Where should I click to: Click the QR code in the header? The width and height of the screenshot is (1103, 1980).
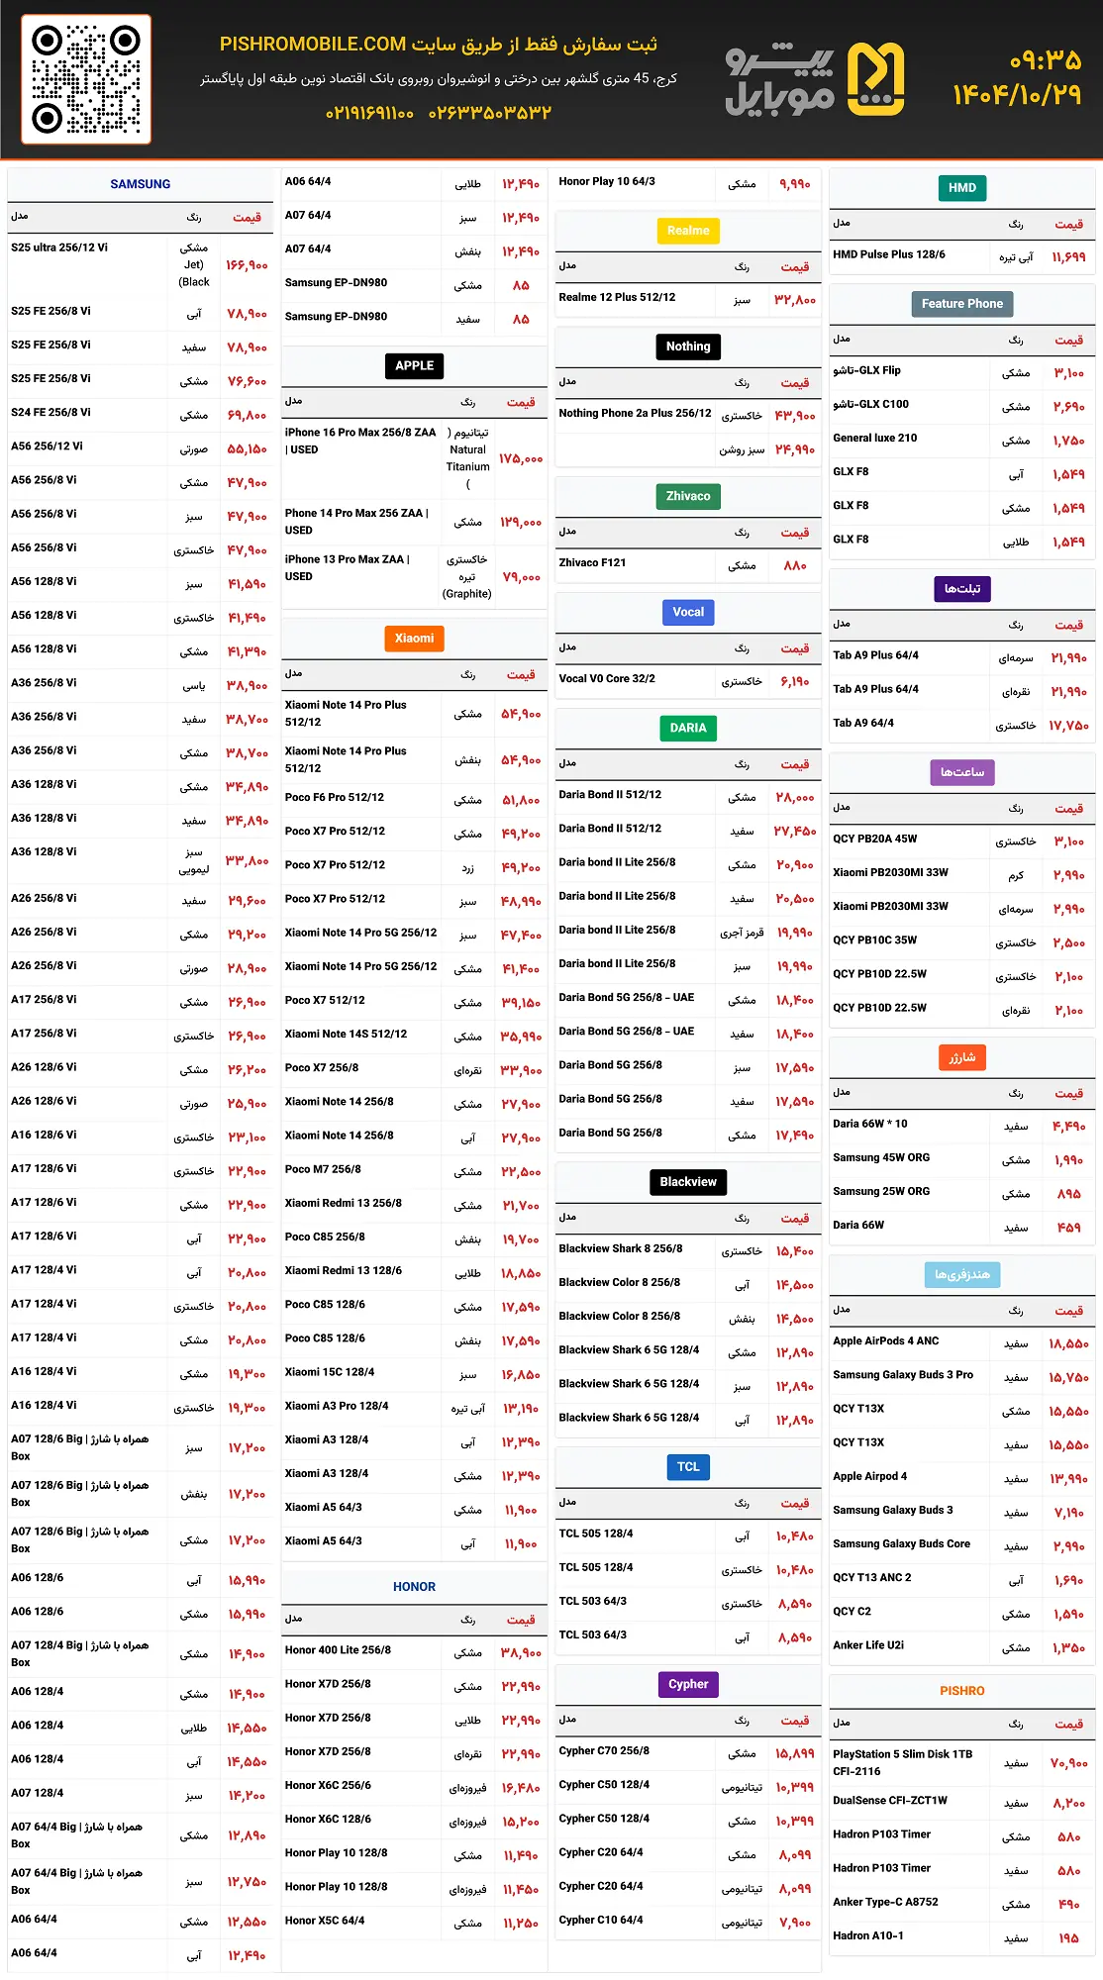86,79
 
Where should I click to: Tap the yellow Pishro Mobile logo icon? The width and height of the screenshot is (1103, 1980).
875,79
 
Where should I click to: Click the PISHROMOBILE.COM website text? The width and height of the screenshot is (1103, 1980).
313,45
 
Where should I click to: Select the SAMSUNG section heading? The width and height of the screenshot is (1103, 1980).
140,184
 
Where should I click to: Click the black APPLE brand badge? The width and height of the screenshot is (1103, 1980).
414,366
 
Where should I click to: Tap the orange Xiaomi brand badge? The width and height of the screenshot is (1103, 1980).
414,639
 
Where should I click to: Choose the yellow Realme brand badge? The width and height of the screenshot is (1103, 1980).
688,231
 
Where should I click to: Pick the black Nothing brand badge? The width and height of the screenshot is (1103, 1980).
688,346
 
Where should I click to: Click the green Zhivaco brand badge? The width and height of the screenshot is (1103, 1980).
688,497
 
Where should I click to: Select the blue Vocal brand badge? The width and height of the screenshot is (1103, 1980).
688,613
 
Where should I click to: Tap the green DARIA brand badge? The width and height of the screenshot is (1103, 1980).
688,729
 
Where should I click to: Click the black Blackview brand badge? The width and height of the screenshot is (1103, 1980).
688,1182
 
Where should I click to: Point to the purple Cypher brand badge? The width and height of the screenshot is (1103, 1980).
688,1685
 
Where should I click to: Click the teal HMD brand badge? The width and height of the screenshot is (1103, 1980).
962,188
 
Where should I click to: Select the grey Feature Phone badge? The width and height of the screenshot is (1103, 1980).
962,304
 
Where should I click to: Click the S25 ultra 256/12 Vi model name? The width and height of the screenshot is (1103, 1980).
59,247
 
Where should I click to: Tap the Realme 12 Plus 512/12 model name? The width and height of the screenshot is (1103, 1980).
617,297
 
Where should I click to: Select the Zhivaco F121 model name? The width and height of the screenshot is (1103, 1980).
592,562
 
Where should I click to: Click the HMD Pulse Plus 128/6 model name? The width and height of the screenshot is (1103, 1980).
889,254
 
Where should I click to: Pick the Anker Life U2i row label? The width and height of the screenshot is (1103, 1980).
868,1645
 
